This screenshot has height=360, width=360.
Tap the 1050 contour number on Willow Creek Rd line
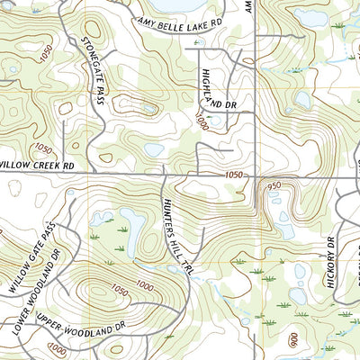(235, 175)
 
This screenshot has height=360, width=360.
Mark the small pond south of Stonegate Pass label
(154, 149)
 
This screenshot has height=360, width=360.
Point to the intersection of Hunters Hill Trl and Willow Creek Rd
(162, 171)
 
